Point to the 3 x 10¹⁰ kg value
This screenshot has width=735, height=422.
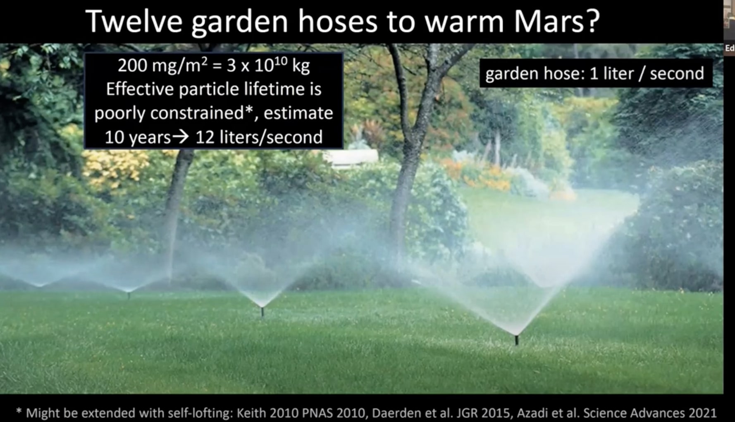tap(268, 65)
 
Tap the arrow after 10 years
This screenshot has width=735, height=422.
tap(180, 137)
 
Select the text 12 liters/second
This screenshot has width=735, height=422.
tap(259, 137)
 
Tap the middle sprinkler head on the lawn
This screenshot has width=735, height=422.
tap(262, 311)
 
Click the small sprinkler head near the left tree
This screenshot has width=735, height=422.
tap(129, 295)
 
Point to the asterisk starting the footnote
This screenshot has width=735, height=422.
tap(19, 411)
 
